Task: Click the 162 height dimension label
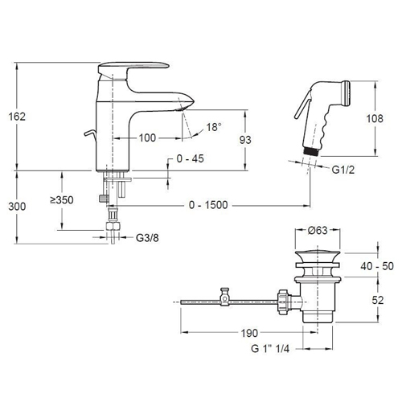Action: pos(17,117)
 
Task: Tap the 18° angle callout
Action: pos(214,127)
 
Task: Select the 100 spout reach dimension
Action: pos(147,138)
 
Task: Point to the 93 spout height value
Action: pos(245,140)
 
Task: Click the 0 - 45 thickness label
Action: pos(191,158)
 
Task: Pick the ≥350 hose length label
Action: pos(62,200)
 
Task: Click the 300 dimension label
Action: pos(17,207)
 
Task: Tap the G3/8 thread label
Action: pos(147,238)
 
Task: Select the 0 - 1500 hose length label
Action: pos(208,205)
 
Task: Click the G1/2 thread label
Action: pos(343,170)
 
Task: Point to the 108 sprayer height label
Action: pos(375,118)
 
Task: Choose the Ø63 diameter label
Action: pos(318,230)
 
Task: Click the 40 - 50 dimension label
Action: pos(377,266)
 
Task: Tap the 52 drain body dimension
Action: pos(378,300)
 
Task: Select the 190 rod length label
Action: pos(249,333)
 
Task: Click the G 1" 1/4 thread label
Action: pos(270,349)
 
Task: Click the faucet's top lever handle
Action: pos(133,68)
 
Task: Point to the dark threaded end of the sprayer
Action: pos(311,151)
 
